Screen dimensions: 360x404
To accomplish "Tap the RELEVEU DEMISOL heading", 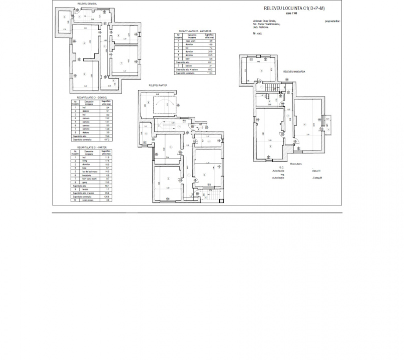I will click(87, 3).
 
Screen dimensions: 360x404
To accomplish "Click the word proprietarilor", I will click(332, 21).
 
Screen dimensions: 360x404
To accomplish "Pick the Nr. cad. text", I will click(258, 33).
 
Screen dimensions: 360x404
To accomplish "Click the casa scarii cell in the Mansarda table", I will click(190, 40).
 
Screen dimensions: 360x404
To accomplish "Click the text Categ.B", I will click(317, 177).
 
